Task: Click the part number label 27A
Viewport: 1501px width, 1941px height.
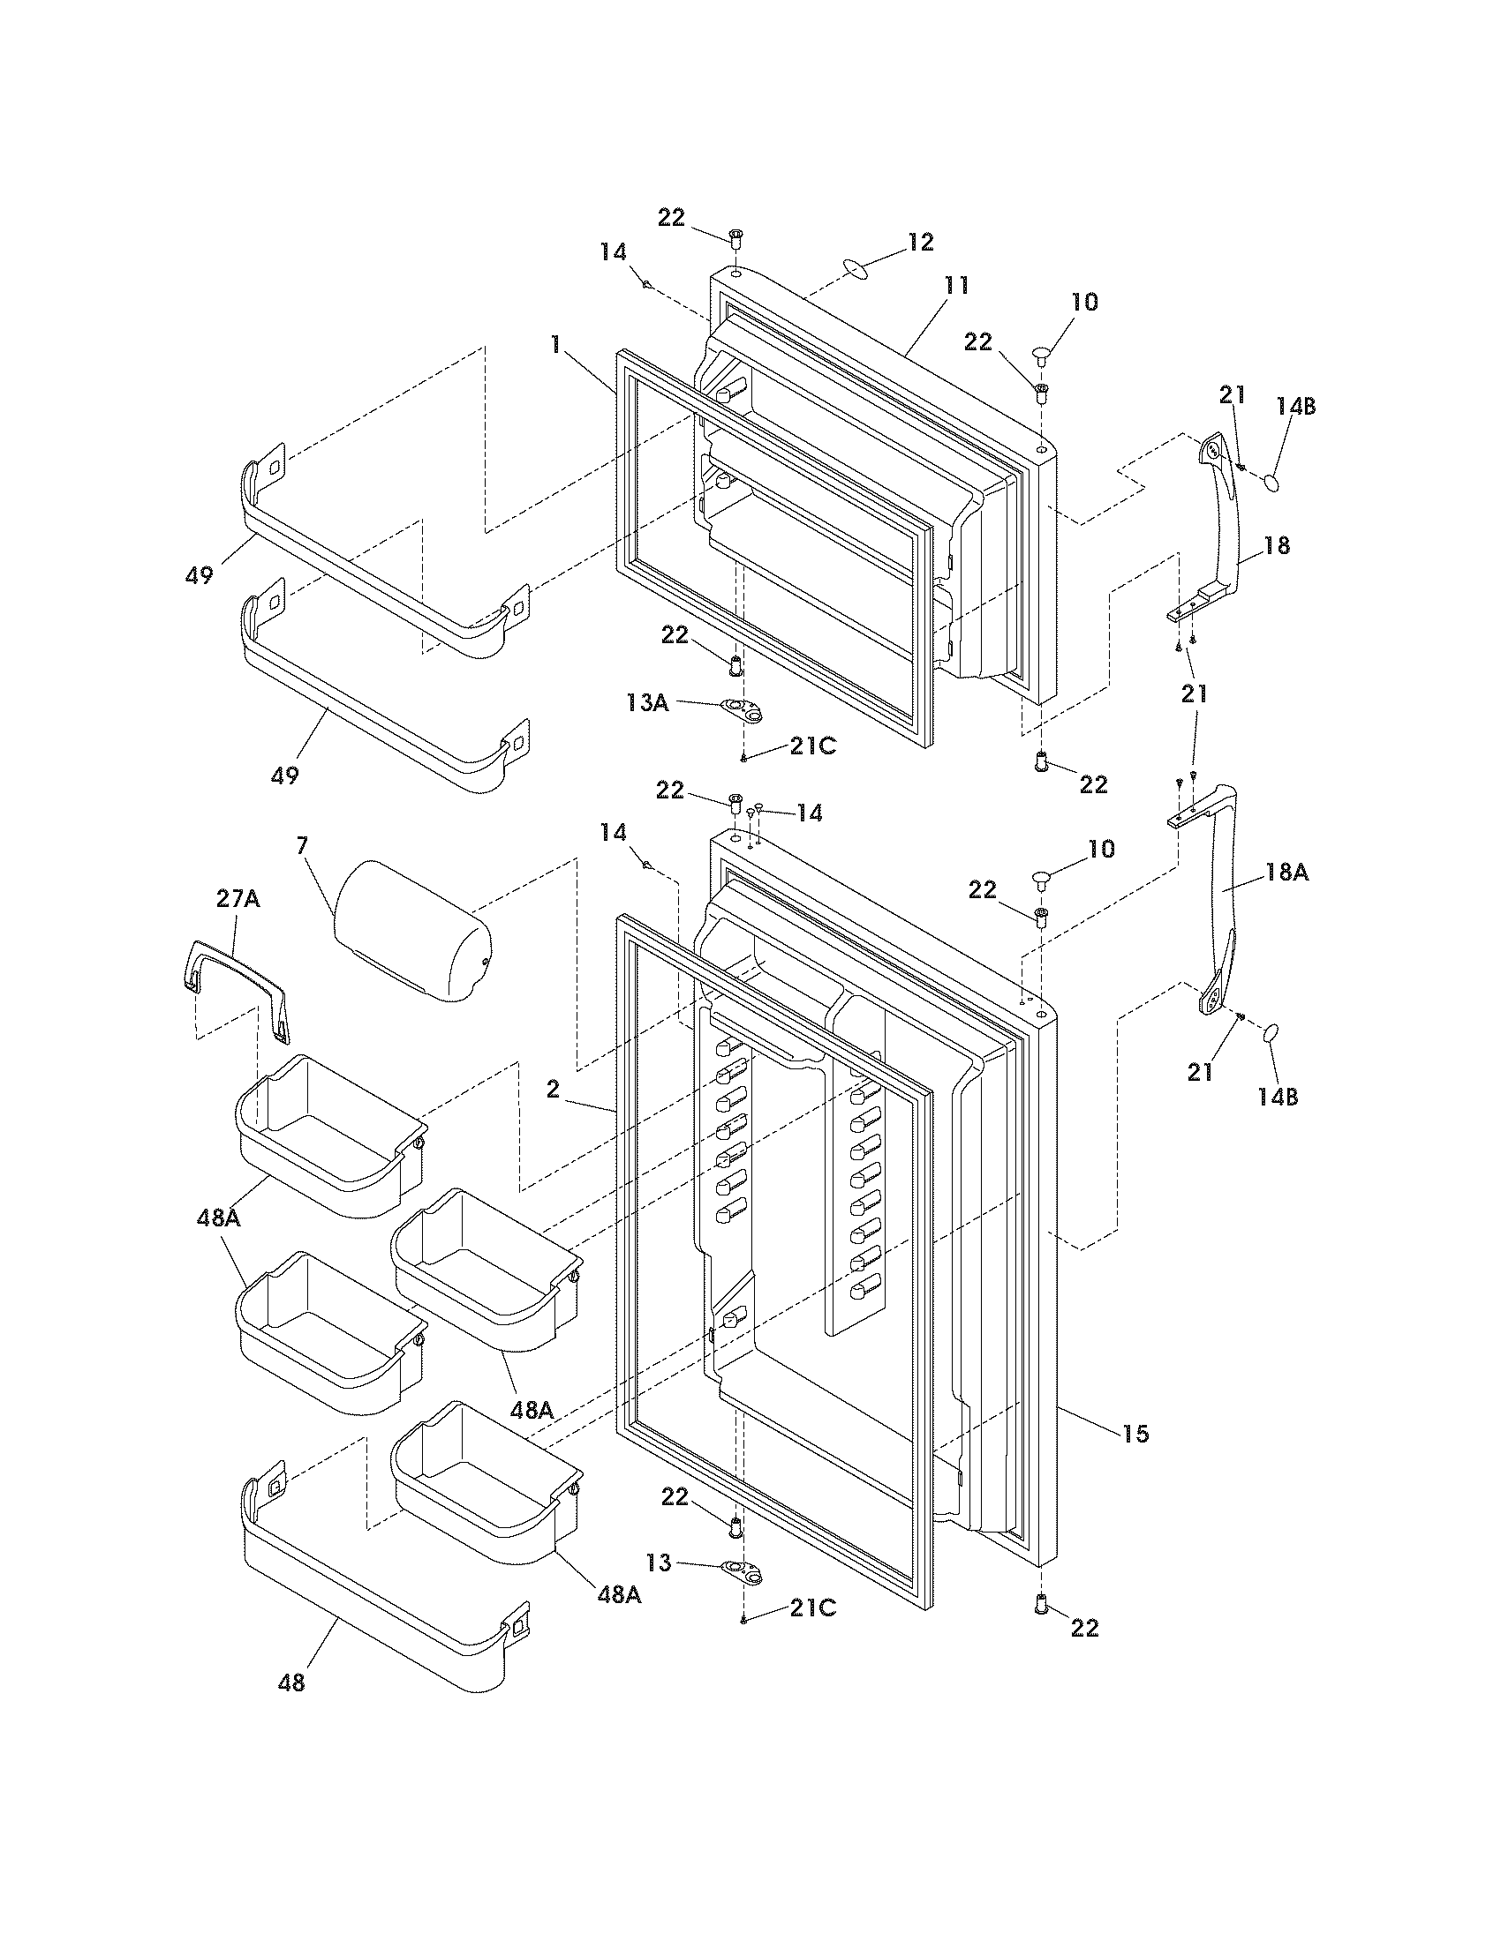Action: (238, 899)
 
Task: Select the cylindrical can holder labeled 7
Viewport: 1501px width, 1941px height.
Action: (411, 930)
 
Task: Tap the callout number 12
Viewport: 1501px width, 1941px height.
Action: (920, 241)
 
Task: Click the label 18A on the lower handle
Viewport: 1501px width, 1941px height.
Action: (1286, 873)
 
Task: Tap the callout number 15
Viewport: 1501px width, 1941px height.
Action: (1135, 1433)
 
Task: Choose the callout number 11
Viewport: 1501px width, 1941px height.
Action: (956, 285)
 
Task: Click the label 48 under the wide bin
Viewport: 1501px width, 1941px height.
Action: (290, 1682)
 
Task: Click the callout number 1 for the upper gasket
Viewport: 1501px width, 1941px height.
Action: (555, 343)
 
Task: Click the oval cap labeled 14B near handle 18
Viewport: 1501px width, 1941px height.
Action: (1273, 483)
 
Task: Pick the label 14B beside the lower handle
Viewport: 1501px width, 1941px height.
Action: (1277, 1097)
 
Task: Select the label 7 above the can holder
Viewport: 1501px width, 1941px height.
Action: (302, 845)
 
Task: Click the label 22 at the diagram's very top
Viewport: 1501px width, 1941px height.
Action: (671, 217)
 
